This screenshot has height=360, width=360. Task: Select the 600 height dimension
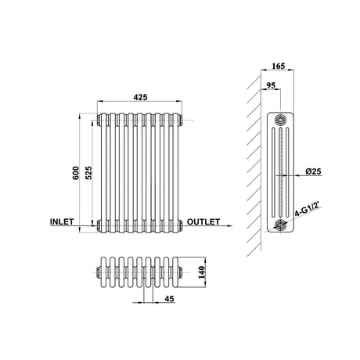coord(76,174)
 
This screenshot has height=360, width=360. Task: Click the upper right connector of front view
coord(181,121)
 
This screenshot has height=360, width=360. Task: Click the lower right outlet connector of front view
coord(181,226)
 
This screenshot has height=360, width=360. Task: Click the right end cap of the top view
coord(181,272)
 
